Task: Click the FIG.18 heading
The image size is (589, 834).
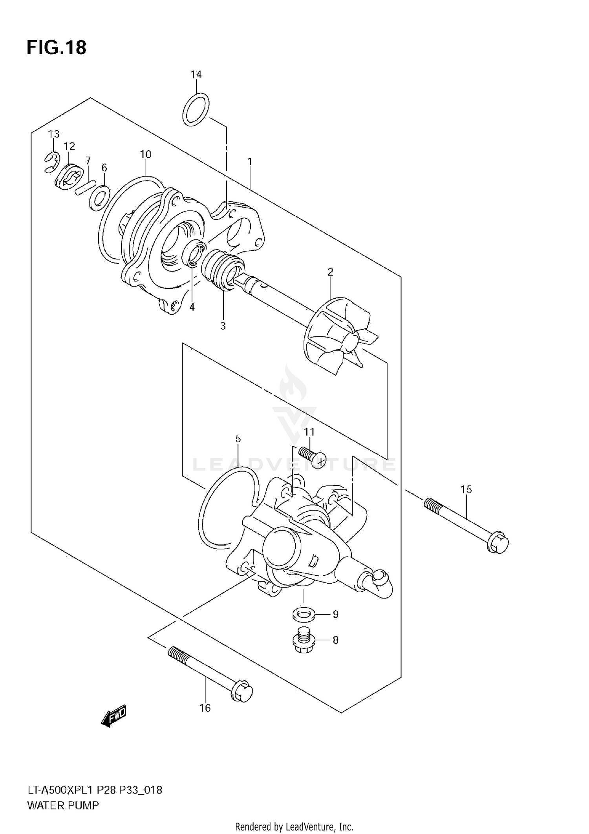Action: [x=57, y=47]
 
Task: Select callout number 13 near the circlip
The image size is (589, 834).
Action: [x=54, y=134]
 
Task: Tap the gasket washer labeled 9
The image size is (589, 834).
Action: [x=303, y=615]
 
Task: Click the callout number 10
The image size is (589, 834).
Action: [x=146, y=154]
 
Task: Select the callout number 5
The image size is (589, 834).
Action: [x=238, y=439]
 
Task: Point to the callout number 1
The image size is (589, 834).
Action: [x=250, y=162]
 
